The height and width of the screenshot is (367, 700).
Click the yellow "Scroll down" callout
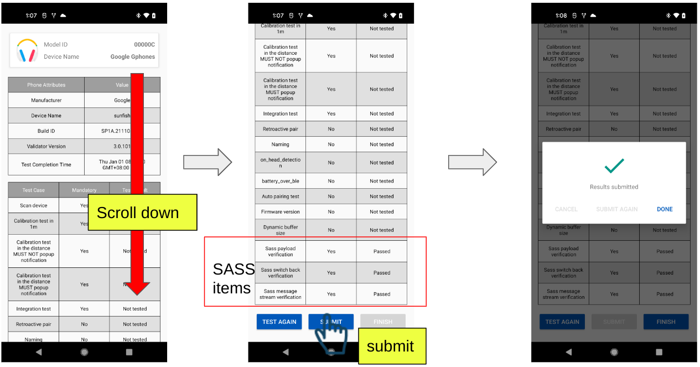click(142, 213)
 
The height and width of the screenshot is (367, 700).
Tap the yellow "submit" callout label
click(391, 347)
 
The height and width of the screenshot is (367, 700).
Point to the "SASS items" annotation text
click(232, 278)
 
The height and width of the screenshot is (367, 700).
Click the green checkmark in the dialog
click(614, 166)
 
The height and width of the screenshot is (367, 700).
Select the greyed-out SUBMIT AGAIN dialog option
click(616, 209)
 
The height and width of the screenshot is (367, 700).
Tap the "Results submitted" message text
click(614, 187)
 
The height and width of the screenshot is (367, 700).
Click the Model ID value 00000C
click(144, 44)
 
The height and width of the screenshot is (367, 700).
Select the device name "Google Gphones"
click(133, 56)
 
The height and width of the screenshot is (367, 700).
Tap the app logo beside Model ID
click(27, 50)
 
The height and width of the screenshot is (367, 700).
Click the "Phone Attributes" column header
click(46, 85)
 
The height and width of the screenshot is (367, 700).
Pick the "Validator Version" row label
click(46, 147)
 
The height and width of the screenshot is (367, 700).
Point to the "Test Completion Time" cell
click(46, 164)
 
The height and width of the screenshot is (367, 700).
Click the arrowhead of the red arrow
click(137, 288)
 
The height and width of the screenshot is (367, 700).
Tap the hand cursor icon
click(331, 336)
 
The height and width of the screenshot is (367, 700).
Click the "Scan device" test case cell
click(33, 205)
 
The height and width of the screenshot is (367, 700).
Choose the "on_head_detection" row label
click(280, 163)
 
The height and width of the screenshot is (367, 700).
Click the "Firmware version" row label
click(280, 212)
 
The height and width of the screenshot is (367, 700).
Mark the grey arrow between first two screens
click(208, 162)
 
